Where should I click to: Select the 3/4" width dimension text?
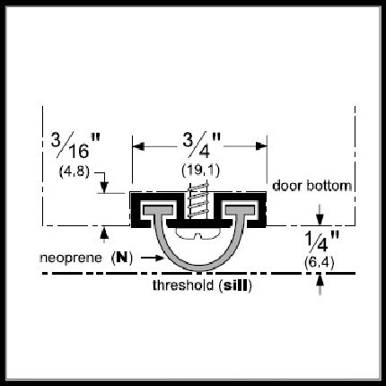click(201, 145)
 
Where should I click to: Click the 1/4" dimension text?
click(321, 241)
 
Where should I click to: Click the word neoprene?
click(71, 258)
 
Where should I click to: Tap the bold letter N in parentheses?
click(122, 258)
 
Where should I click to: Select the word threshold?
click(183, 285)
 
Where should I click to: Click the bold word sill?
click(235, 285)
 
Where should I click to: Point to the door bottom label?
click(311, 186)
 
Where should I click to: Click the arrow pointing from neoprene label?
click(153, 258)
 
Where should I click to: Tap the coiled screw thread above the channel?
click(197, 199)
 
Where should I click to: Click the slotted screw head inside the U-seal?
click(198, 233)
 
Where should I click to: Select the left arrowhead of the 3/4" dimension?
click(138, 146)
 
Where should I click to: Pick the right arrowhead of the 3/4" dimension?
click(261, 146)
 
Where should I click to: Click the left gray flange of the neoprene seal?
click(158, 210)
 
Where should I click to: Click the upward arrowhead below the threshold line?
click(320, 280)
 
